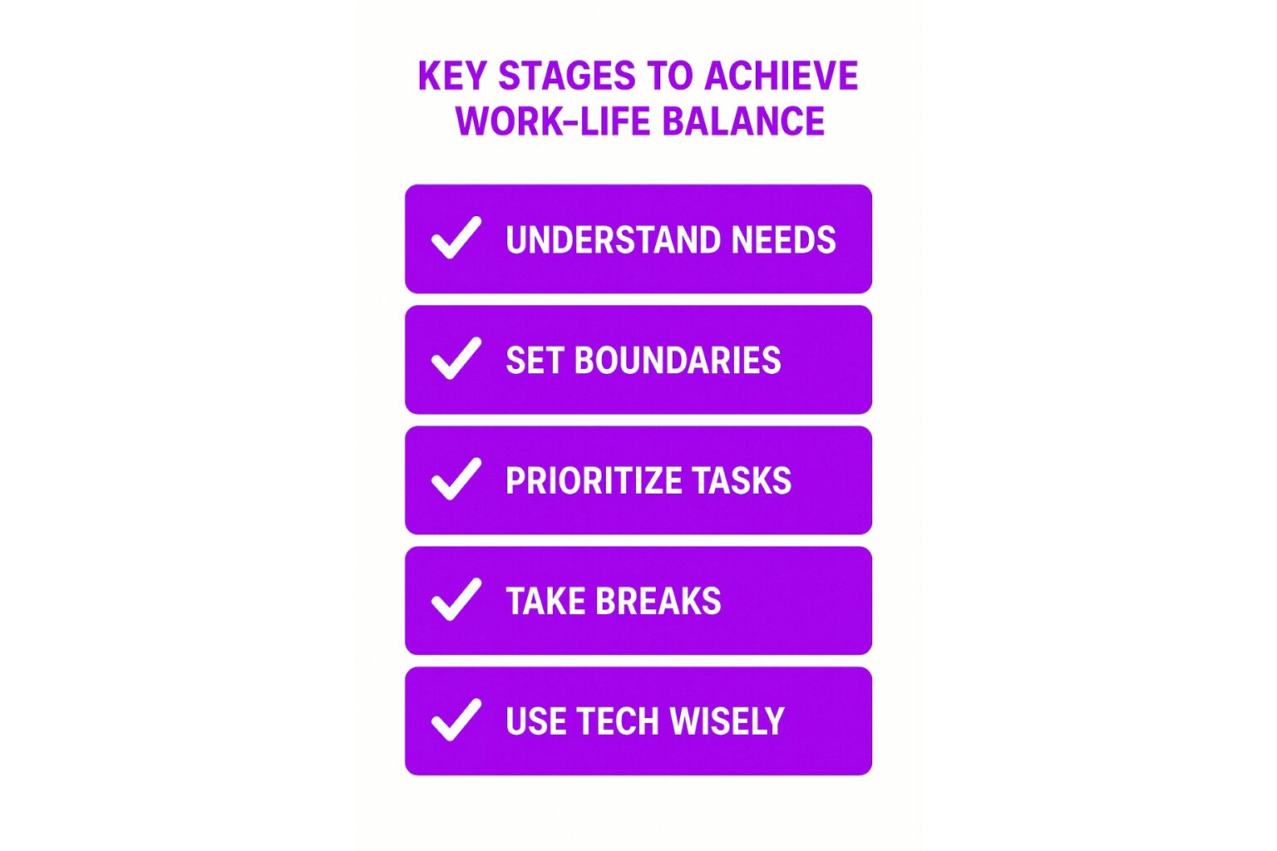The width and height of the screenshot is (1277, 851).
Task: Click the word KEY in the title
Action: (x=452, y=76)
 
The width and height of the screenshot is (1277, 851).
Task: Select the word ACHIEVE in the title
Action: (x=781, y=76)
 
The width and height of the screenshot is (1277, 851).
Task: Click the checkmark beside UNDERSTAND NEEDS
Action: (x=456, y=238)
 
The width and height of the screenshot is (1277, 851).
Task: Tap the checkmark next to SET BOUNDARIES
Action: (x=456, y=358)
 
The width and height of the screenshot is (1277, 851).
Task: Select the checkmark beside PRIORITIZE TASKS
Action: (x=456, y=479)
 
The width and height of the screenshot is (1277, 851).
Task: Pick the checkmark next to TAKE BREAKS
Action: (x=456, y=599)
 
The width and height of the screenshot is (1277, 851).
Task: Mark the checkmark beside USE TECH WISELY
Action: (x=456, y=720)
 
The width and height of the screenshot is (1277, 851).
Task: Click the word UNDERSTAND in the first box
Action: (x=613, y=239)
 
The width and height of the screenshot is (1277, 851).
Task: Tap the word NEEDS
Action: (x=784, y=239)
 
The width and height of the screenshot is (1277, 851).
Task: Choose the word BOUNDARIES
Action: (x=678, y=360)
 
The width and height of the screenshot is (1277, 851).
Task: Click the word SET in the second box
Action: (x=535, y=360)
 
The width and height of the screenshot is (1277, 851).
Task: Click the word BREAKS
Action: (x=658, y=601)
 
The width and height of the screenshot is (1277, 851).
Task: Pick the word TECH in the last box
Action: (x=618, y=721)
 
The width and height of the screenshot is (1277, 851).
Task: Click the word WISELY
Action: (x=727, y=721)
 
